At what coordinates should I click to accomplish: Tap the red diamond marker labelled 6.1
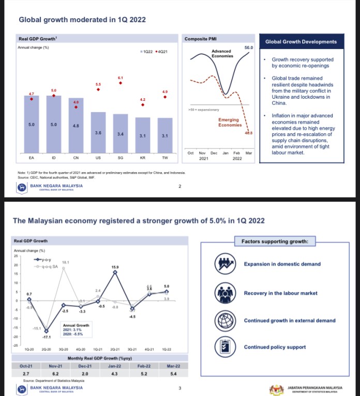120,83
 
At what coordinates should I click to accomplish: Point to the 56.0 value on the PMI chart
249,48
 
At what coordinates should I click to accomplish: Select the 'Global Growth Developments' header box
301,42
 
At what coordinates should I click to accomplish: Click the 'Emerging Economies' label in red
230,122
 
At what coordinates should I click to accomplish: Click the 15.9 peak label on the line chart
115,267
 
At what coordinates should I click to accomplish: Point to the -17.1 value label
47,337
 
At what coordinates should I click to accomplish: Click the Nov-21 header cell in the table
55,365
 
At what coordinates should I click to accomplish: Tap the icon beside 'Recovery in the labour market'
224,293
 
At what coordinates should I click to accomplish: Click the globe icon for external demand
224,321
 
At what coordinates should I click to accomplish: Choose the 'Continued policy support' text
275,347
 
